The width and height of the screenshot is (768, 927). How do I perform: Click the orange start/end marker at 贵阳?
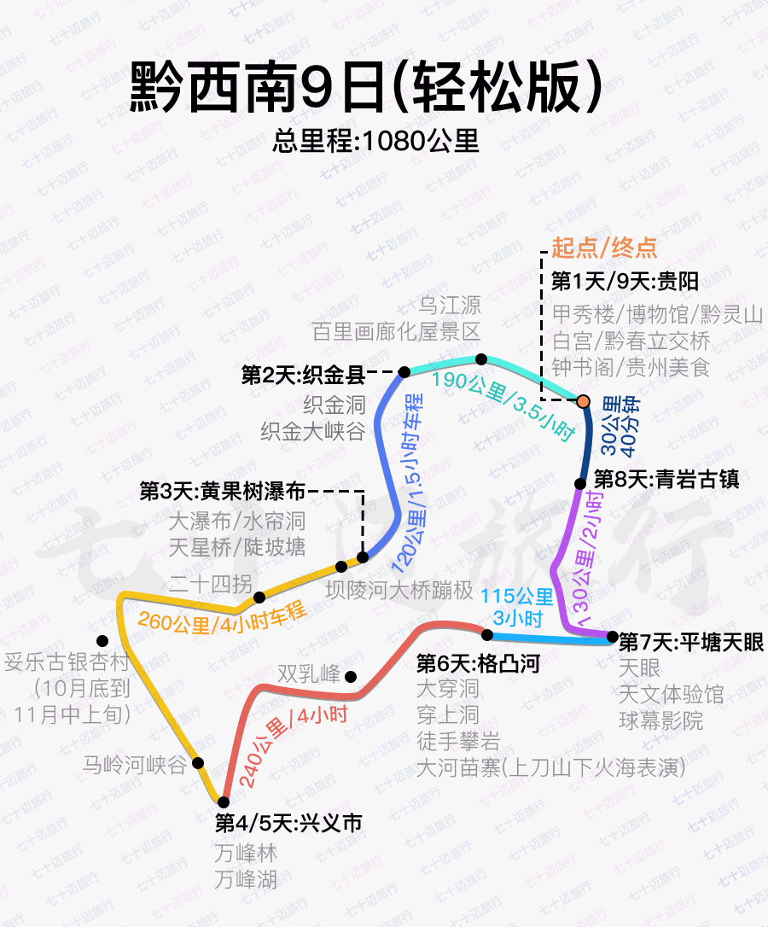583,401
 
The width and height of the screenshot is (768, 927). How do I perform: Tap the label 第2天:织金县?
303,374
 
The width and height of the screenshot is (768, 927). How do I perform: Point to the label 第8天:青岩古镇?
666,479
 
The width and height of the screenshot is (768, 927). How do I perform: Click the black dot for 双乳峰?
351,676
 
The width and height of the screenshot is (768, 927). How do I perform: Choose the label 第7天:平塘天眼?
691,641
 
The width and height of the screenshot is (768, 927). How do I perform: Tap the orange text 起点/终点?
605,248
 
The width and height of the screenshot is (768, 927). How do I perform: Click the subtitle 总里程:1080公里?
376,141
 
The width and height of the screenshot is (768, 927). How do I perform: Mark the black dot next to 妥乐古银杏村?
102,640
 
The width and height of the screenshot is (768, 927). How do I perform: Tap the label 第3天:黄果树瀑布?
223,492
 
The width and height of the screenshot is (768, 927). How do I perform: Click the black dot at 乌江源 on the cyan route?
481,359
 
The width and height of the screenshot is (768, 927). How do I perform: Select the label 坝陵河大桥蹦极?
399,589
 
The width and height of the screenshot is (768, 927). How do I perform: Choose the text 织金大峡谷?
313,431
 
